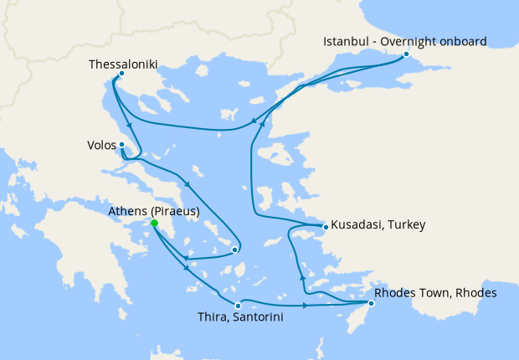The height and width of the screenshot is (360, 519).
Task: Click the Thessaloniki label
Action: [x=124, y=64]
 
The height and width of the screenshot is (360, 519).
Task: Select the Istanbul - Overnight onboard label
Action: [x=406, y=41]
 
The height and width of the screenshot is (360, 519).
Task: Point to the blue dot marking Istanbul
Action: [x=406, y=55]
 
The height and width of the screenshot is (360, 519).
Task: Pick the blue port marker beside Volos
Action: [x=122, y=145]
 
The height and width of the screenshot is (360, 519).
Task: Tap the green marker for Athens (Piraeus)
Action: [x=154, y=224]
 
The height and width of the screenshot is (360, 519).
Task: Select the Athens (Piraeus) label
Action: [x=154, y=211]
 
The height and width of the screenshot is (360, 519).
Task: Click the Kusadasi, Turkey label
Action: [x=378, y=225]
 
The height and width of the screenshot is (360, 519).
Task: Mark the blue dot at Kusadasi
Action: [x=325, y=226]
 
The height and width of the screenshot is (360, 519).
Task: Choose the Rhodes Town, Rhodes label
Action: [x=436, y=293]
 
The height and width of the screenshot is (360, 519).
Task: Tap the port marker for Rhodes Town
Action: [x=372, y=303]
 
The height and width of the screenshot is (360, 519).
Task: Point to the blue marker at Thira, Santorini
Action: [x=239, y=306]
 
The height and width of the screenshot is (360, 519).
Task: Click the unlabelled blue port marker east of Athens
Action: [x=235, y=249]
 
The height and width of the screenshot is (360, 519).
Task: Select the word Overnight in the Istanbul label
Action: [x=405, y=41]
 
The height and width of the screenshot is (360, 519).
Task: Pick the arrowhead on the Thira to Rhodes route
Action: [x=304, y=305]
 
